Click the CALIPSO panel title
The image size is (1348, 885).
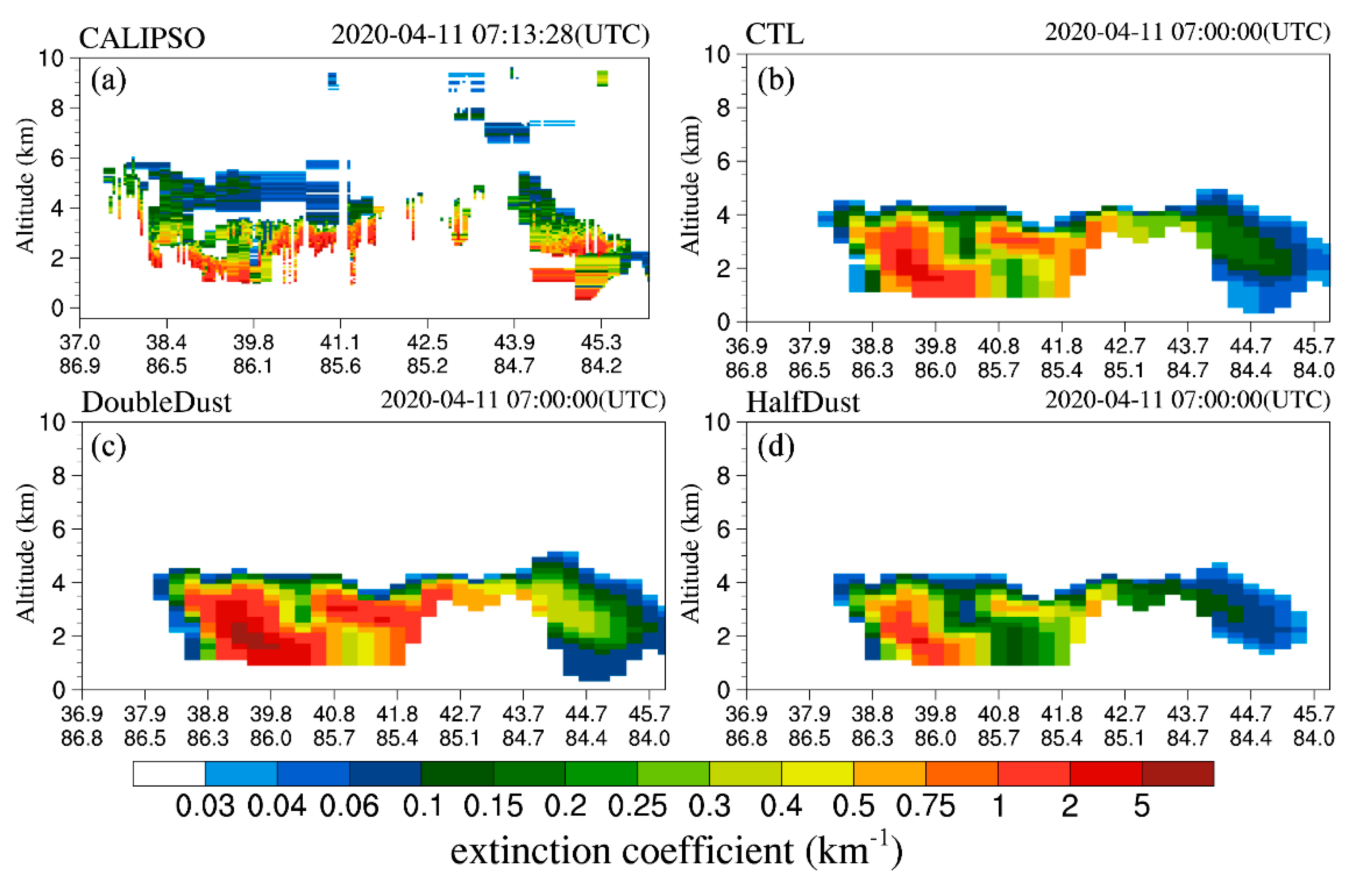pos(142,38)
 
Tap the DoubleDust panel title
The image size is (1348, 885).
pos(156,403)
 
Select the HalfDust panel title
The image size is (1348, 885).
pos(803,403)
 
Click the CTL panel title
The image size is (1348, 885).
pos(774,34)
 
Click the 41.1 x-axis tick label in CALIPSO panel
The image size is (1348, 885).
pos(340,343)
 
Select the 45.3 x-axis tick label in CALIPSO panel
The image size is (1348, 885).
pos(601,343)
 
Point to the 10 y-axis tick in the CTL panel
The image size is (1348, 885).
pos(716,55)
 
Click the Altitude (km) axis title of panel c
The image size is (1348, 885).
pos(26,553)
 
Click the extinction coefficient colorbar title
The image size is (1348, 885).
pos(676,851)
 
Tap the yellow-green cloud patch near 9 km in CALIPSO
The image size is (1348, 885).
pos(602,78)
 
